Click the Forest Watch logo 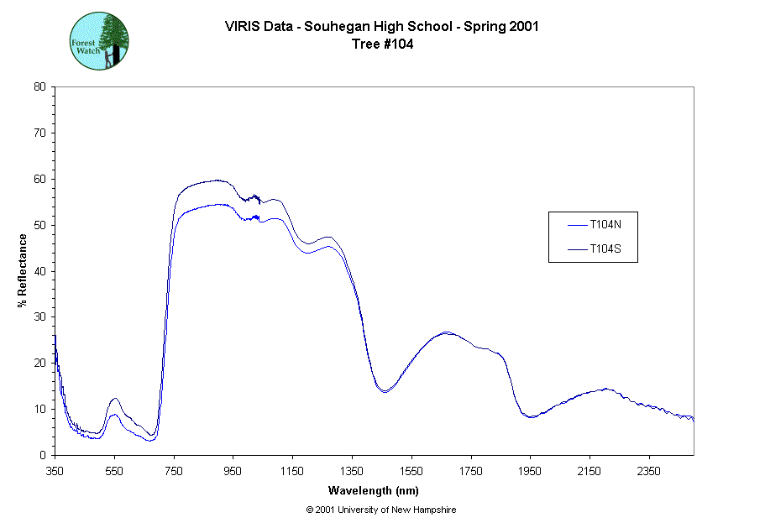coord(99,39)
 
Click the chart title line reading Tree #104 coord(381,44)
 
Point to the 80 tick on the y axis coord(39,86)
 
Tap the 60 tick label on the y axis coord(39,179)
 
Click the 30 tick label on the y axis coord(39,317)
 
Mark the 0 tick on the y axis coord(43,455)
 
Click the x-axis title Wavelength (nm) coord(373,491)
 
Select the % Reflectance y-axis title coord(22,270)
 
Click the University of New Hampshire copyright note coord(381,510)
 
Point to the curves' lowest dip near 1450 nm coord(384,391)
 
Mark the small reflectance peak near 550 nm coord(114,400)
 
